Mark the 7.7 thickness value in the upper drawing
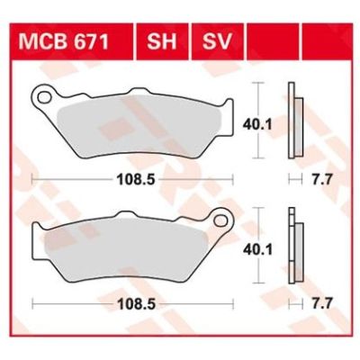(319, 180)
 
